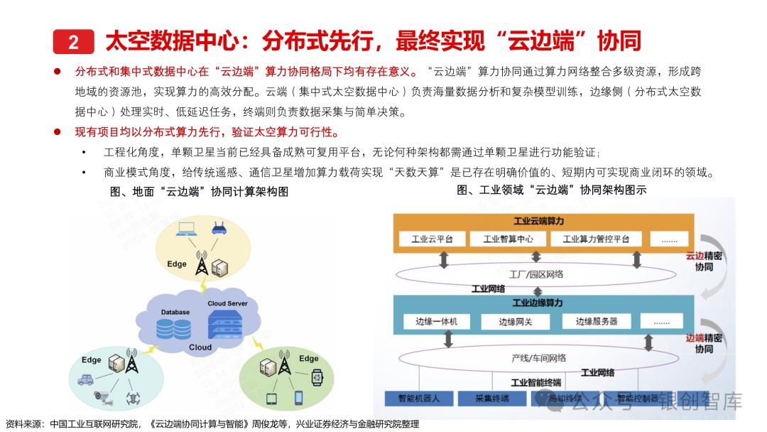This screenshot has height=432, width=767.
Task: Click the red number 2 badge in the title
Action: (73, 42)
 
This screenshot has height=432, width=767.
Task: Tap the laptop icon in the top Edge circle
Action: (187, 228)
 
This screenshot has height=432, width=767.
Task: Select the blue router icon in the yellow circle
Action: (217, 228)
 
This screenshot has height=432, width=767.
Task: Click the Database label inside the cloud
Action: (175, 312)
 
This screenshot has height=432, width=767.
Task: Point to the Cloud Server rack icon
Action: (227, 325)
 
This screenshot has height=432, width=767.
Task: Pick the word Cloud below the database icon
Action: (200, 347)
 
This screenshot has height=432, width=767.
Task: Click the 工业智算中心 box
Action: (508, 239)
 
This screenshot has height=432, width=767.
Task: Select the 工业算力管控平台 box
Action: (596, 239)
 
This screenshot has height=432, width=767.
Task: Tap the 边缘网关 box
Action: (515, 322)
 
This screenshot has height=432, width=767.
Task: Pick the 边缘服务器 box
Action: (597, 322)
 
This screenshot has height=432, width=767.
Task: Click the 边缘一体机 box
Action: (437, 322)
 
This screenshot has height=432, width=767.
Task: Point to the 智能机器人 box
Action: (418, 399)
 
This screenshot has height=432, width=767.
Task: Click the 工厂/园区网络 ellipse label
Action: (536, 274)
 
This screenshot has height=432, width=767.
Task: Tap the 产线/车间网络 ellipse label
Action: (539, 357)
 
